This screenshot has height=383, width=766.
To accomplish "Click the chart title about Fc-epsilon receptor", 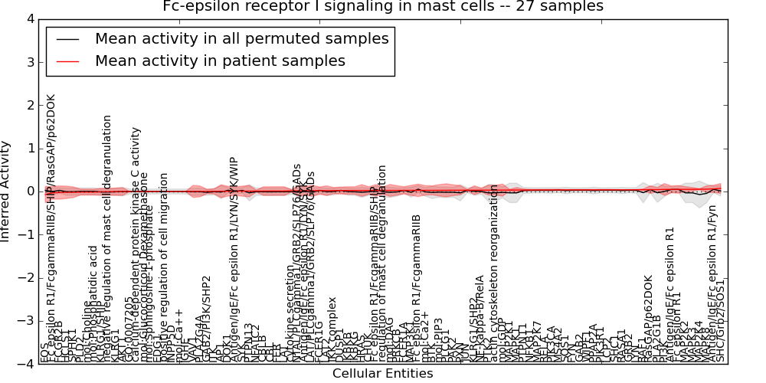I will coord(383,6).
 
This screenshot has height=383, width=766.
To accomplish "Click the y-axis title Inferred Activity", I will coord(6,191).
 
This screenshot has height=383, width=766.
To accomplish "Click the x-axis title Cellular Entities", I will coord(382,374).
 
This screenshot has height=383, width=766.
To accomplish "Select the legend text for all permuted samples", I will coord(241,38).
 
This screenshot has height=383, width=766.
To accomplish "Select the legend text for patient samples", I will coord(220,61).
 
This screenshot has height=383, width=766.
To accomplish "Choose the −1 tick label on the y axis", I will coord(26,234).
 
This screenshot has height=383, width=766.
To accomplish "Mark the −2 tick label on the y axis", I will coord(26,278).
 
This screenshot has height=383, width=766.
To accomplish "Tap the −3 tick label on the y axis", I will coord(26,321).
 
